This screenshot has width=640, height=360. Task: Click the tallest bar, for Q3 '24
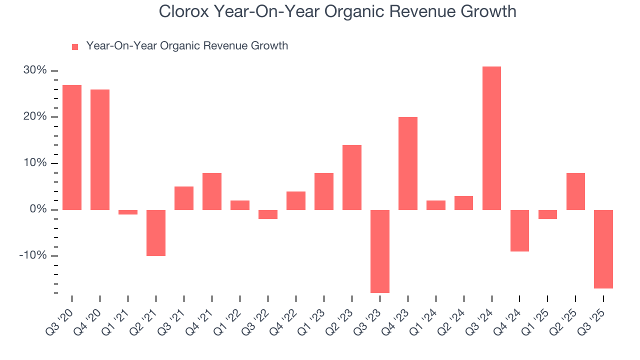pos(491,138)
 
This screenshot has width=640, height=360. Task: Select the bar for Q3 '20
pos(72,147)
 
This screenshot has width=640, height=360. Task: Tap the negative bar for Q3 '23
pos(380,251)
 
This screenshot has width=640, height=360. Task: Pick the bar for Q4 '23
pos(408,163)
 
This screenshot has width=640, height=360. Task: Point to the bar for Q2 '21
pos(156,232)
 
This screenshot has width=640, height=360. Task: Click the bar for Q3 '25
pos(603,249)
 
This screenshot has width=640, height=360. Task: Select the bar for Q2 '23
pos(352,177)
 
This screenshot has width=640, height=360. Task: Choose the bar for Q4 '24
pos(519,230)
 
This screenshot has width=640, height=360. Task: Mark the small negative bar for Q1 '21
pos(128,212)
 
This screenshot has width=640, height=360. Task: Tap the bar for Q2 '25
pos(575,191)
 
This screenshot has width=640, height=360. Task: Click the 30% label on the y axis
pos(35,70)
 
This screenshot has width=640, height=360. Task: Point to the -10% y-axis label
pos(33,255)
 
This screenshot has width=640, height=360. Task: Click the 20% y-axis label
pos(35,116)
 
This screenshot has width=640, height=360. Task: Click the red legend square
pos(75,47)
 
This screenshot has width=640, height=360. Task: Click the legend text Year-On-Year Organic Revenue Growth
pos(187,46)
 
